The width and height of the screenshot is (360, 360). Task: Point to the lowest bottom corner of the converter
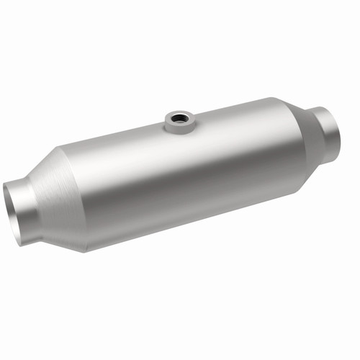tap(84, 250)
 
